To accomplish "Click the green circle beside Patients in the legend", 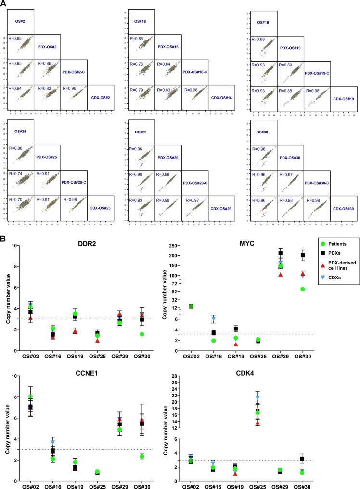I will click(313, 244).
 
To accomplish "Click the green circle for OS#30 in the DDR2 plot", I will click(141, 334).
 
